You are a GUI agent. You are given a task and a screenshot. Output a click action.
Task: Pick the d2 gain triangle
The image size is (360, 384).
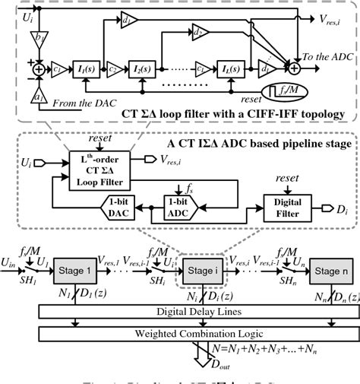click(200, 32)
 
